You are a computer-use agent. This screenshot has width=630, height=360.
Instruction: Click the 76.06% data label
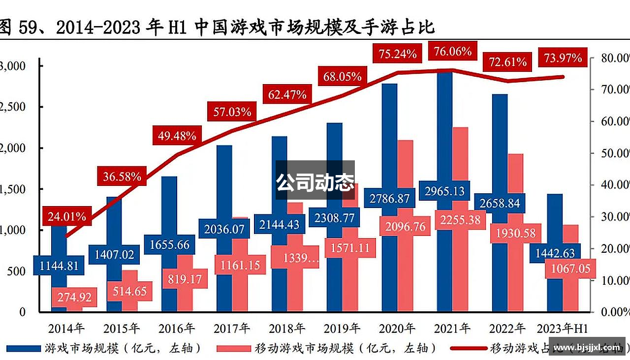pos(450,51)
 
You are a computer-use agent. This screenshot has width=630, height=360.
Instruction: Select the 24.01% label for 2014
pos(67,216)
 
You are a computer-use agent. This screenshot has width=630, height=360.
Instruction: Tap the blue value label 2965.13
pos(444,191)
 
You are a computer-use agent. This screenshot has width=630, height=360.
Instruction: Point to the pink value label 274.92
pos(74,298)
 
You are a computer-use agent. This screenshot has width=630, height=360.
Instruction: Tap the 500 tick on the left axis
pos(16,271)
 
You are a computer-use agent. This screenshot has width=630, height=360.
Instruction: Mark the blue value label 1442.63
pos(555,253)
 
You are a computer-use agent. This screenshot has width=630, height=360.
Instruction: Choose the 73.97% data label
pos(563,58)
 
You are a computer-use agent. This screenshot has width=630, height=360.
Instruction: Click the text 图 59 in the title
pos(20,28)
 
